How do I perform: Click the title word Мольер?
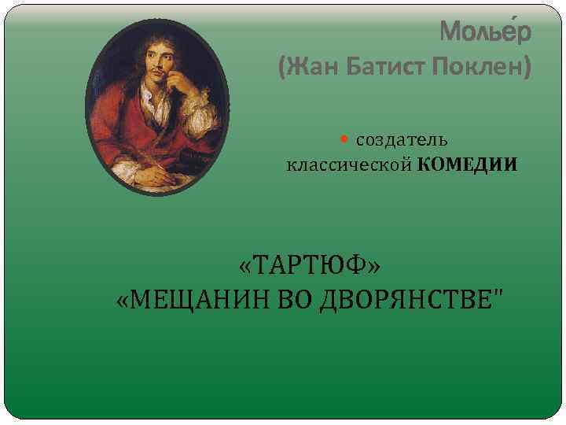485,31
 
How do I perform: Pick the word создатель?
402,140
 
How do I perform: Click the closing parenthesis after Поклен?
526,68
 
